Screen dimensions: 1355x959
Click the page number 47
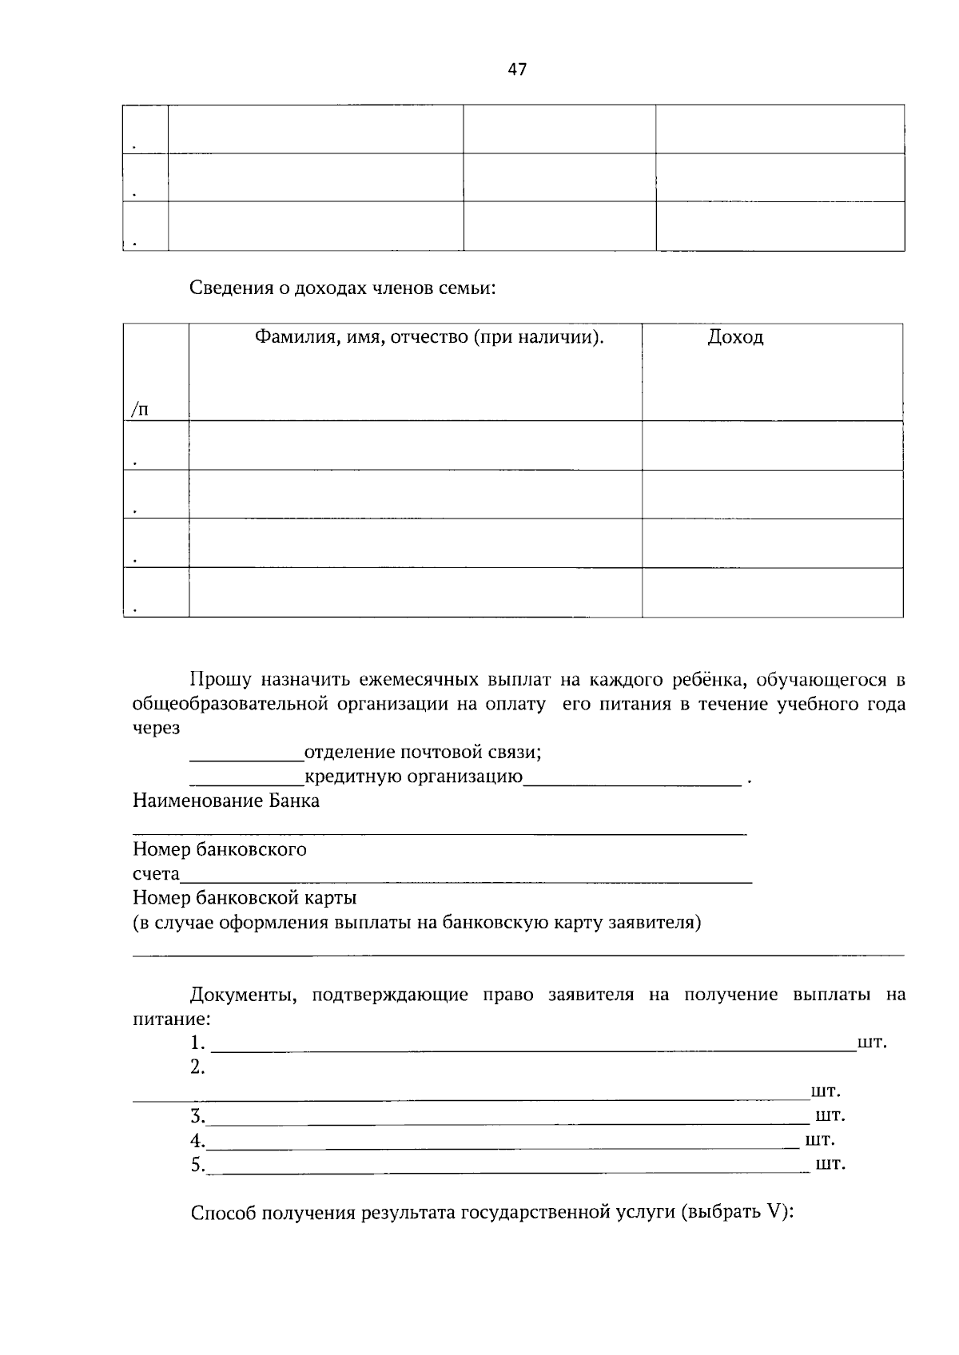[517, 70]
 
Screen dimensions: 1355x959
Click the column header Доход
[735, 337]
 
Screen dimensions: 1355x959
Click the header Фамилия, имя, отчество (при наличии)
[429, 337]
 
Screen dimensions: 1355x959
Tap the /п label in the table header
[140, 410]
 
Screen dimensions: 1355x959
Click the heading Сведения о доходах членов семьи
[343, 288]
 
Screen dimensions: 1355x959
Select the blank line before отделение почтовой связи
[246, 760]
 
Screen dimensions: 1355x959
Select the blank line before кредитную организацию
[246, 784]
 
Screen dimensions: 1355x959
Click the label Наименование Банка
[226, 801]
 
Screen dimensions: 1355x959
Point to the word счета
[156, 874]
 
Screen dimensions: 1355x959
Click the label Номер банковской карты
[245, 898]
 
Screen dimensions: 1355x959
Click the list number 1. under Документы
[197, 1043]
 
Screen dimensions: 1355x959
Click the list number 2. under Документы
[197, 1067]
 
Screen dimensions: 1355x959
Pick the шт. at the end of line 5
[830, 1164]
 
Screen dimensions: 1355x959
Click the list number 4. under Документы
[197, 1140]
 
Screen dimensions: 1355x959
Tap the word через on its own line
[156, 729]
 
